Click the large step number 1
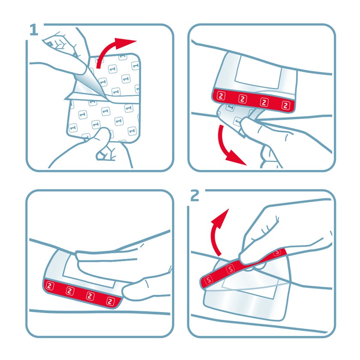coord(34,30)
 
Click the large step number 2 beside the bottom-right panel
coord(195,195)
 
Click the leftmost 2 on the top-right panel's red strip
coord(221,96)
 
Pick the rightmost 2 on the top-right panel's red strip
coord(285,105)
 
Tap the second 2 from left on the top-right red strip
coord(243,99)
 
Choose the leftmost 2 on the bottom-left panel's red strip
coord(50,286)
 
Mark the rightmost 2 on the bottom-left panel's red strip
coord(110,301)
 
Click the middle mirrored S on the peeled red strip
coord(230,269)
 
